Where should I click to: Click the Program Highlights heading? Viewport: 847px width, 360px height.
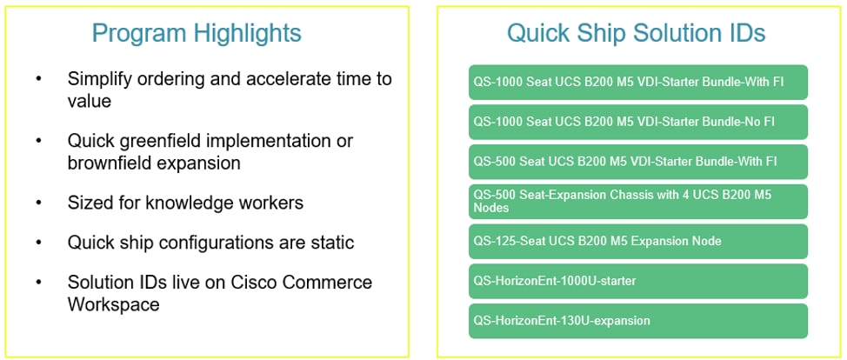(197, 34)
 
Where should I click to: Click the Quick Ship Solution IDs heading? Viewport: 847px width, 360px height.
(637, 34)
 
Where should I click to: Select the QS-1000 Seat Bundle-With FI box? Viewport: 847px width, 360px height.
(638, 82)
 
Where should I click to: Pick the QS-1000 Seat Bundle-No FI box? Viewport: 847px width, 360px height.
(638, 122)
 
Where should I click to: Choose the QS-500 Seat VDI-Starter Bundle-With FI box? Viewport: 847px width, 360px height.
(638, 162)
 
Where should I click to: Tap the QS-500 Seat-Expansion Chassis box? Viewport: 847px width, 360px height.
(638, 202)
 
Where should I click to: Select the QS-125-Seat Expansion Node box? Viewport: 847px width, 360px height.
(638, 242)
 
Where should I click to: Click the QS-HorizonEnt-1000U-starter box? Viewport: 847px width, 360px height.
(638, 281)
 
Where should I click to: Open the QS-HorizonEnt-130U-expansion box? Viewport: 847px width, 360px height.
(638, 321)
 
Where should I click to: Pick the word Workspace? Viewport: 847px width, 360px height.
(113, 303)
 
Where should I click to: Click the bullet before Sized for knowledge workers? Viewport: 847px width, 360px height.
(38, 203)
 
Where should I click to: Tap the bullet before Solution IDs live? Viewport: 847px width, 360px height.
(38, 283)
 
